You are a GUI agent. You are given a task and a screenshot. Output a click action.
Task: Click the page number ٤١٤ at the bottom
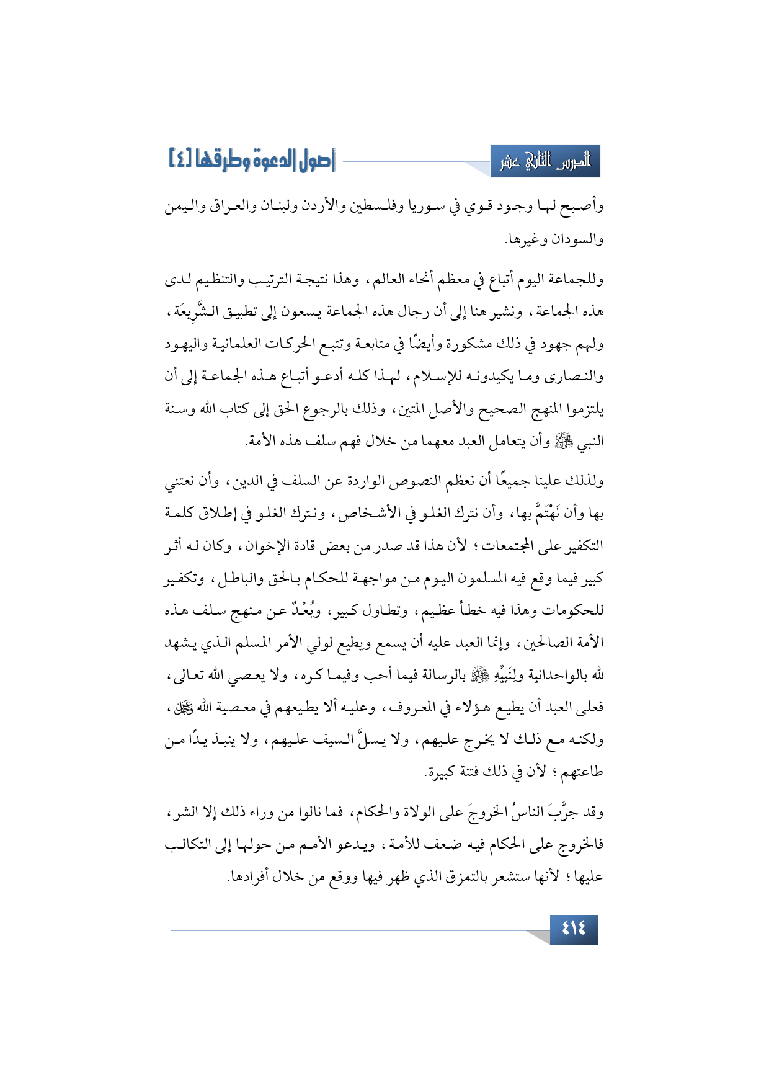[574, 929]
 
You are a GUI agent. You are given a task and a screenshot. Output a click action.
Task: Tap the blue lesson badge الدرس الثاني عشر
[545, 162]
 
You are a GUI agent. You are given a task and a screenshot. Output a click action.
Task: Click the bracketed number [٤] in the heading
[180, 159]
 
